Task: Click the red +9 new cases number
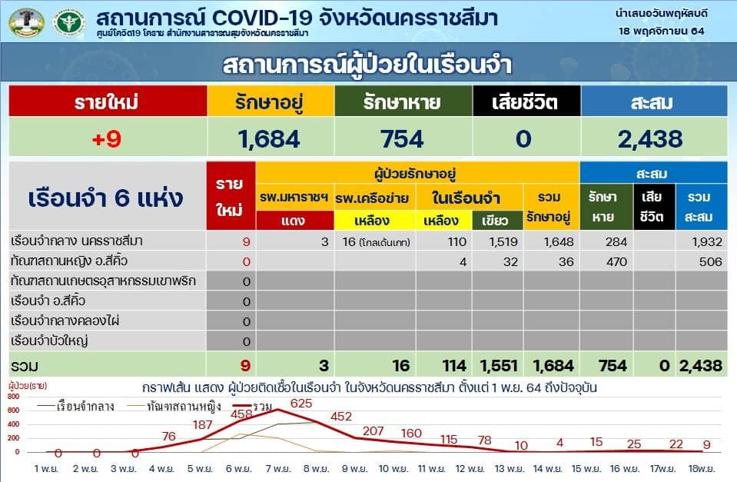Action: (x=107, y=138)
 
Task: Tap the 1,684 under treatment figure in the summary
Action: (x=269, y=139)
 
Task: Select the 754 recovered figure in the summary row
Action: (x=403, y=139)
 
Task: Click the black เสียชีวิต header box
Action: (x=526, y=101)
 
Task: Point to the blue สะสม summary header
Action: (x=654, y=101)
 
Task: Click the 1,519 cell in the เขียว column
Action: (x=503, y=241)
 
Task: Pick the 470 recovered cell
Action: (x=616, y=261)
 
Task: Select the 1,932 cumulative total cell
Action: (x=707, y=241)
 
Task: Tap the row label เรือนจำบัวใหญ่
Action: (x=49, y=341)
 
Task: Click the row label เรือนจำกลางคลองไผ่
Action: (x=65, y=321)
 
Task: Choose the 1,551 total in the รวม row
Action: (x=499, y=365)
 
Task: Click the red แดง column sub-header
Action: (x=294, y=220)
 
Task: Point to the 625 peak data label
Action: (x=301, y=404)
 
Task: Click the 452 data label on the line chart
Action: (x=341, y=417)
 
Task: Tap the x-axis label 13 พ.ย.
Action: (x=509, y=469)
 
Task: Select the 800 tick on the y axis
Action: (x=14, y=397)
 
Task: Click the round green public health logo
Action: (x=68, y=22)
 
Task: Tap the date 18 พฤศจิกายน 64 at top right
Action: (x=662, y=31)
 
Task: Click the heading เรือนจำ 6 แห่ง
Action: (x=106, y=198)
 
